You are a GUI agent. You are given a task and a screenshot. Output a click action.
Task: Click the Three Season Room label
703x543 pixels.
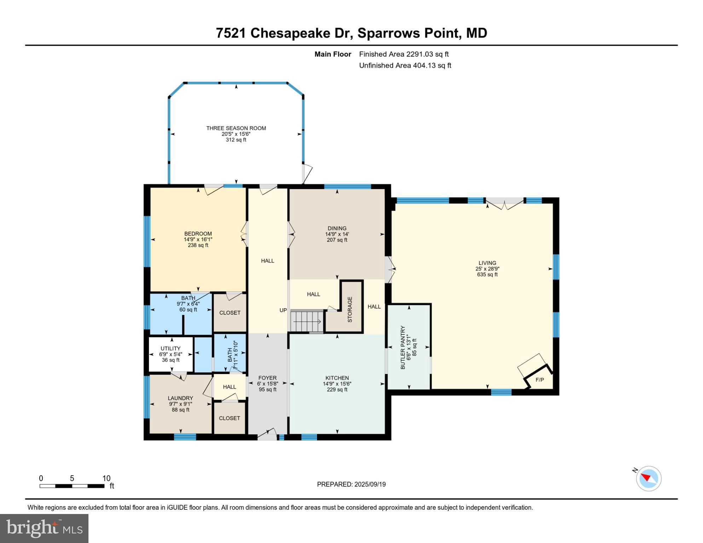click(x=236, y=128)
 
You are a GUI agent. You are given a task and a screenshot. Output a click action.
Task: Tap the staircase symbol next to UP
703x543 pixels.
click(x=307, y=321)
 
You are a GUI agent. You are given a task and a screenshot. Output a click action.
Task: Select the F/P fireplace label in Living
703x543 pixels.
click(x=540, y=380)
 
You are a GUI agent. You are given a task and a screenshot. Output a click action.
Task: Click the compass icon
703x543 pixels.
click(x=649, y=479)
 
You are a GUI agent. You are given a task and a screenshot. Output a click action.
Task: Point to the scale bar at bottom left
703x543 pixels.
click(x=72, y=486)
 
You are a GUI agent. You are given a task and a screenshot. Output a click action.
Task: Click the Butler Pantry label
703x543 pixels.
click(x=403, y=348)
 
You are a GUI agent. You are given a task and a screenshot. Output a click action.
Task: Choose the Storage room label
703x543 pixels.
click(x=350, y=309)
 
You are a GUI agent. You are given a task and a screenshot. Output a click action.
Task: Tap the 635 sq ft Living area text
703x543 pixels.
click(x=487, y=275)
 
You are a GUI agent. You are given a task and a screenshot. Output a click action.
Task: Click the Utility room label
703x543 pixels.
click(x=171, y=349)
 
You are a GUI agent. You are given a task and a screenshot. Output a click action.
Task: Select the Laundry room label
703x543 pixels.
click(x=180, y=398)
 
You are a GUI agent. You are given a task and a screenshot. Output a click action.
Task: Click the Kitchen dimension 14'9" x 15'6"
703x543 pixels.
click(x=337, y=384)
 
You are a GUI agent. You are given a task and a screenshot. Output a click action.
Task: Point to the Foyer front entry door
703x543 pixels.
click(x=267, y=435)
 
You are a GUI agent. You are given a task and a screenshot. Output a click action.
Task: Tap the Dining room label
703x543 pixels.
click(x=337, y=228)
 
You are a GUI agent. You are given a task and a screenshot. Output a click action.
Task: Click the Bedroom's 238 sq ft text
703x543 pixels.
click(x=198, y=245)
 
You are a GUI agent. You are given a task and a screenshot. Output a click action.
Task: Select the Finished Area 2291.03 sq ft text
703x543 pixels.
click(x=404, y=54)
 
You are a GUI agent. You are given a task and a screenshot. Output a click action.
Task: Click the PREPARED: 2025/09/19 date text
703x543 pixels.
click(x=351, y=484)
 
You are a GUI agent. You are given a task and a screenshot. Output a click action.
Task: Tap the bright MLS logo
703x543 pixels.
click(x=44, y=528)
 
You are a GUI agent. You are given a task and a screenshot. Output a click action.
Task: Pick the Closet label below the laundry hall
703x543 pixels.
click(x=229, y=418)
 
